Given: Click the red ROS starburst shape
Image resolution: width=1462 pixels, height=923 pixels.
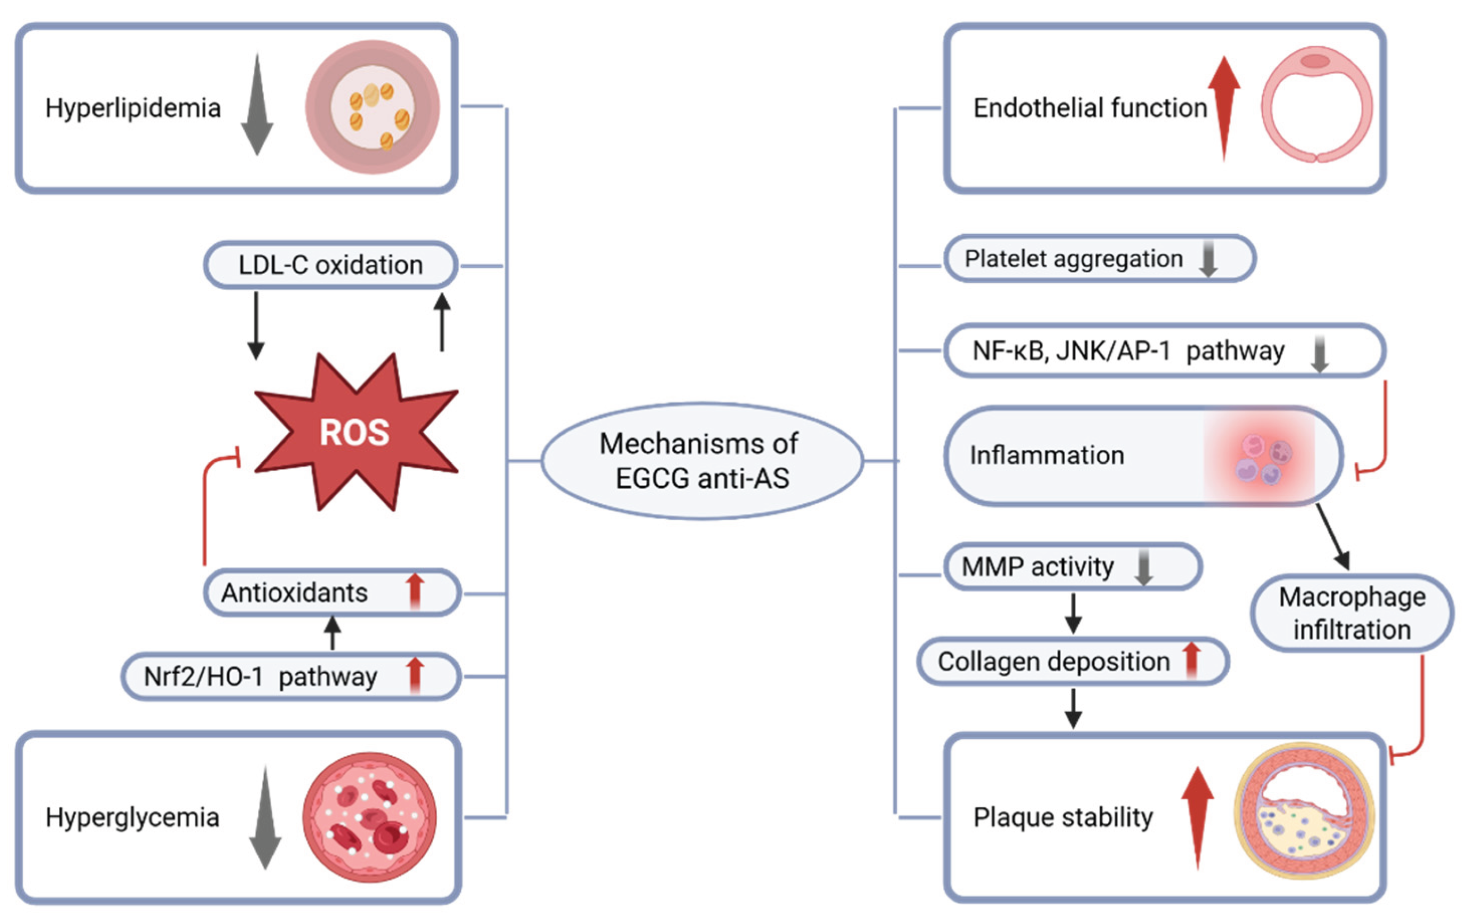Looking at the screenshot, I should pyautogui.click(x=355, y=432).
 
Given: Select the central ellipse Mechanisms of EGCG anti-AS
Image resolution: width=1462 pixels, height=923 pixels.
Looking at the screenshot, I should pyautogui.click(x=701, y=460).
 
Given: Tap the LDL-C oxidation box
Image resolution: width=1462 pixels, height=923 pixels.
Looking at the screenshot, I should pyautogui.click(x=330, y=265).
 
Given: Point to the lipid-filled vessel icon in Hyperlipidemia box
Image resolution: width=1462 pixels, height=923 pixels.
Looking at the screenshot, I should pyautogui.click(x=372, y=107).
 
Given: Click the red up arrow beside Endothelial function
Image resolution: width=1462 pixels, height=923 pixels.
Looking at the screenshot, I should pyautogui.click(x=1223, y=106).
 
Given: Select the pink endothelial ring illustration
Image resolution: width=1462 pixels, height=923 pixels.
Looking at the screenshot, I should pyautogui.click(x=1316, y=105).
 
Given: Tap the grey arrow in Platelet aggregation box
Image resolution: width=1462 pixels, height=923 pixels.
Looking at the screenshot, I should pyautogui.click(x=1208, y=259).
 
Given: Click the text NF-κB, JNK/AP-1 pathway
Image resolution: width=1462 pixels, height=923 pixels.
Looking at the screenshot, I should pyautogui.click(x=1128, y=351).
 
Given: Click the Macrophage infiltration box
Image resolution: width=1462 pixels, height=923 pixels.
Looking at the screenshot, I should pyautogui.click(x=1352, y=613).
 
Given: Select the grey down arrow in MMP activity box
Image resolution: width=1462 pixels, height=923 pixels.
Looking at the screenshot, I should pyautogui.click(x=1144, y=567).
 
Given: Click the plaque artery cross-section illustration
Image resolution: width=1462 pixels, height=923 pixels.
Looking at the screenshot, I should pyautogui.click(x=1305, y=811).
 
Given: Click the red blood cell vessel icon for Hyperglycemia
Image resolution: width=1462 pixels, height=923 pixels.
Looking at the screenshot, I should pyautogui.click(x=369, y=817).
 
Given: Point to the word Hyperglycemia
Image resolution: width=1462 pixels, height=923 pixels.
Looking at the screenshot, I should pyautogui.click(x=132, y=817).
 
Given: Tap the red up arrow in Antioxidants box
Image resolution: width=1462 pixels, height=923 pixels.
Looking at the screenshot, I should pyautogui.click(x=415, y=592).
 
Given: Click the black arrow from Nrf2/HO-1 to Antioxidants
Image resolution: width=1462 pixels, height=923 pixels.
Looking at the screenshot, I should pyautogui.click(x=332, y=633).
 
